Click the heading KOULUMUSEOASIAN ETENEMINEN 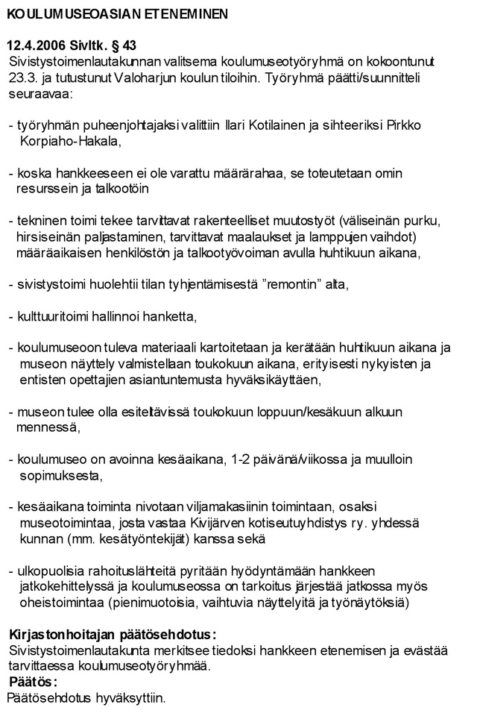pyautogui.click(x=118, y=14)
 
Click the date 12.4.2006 pyautogui.click(x=35, y=45)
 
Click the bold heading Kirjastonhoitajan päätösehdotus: pyautogui.click(x=112, y=635)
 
